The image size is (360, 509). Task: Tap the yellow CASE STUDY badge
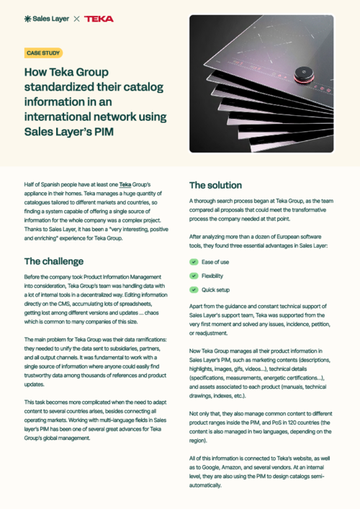pyautogui.click(x=43, y=53)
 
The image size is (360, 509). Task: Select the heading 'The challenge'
pyautogui.click(x=54, y=261)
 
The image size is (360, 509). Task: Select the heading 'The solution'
pyautogui.click(x=215, y=185)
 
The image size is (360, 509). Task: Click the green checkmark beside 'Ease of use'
pyautogui.click(x=193, y=262)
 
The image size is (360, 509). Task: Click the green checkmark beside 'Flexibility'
pyautogui.click(x=193, y=276)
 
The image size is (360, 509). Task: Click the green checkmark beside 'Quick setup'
pyautogui.click(x=193, y=289)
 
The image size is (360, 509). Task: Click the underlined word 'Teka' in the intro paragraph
pyautogui.click(x=125, y=185)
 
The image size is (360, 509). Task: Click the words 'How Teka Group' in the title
pyautogui.click(x=67, y=73)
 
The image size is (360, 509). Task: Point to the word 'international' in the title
pyautogui.click(x=58, y=116)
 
